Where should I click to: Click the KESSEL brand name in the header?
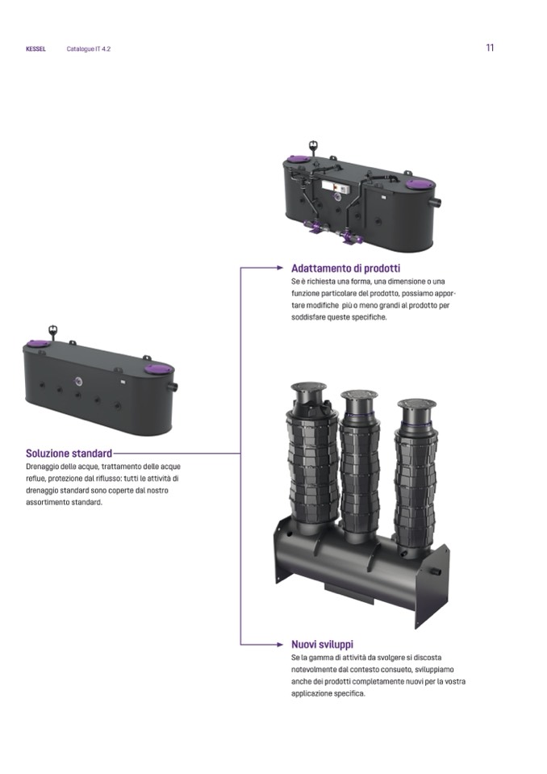coord(35,49)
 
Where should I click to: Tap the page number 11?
coord(490,48)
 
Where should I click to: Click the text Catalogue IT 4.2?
coord(88,49)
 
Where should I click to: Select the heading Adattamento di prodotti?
coord(346,269)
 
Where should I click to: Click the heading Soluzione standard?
coord(69,453)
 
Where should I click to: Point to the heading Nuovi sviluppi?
coord(322,644)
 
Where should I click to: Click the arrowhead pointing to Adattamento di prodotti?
coord(280,268)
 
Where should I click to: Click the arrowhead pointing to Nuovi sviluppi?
coord(280,644)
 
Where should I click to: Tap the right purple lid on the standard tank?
coord(158,368)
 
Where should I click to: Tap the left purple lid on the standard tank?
coord(37,344)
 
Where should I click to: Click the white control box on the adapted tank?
coord(336,187)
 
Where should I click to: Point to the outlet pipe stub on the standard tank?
coord(174,387)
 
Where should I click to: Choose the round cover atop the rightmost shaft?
coord(416,405)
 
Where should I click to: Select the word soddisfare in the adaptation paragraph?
coord(308,317)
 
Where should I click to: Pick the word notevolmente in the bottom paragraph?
coord(312,670)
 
